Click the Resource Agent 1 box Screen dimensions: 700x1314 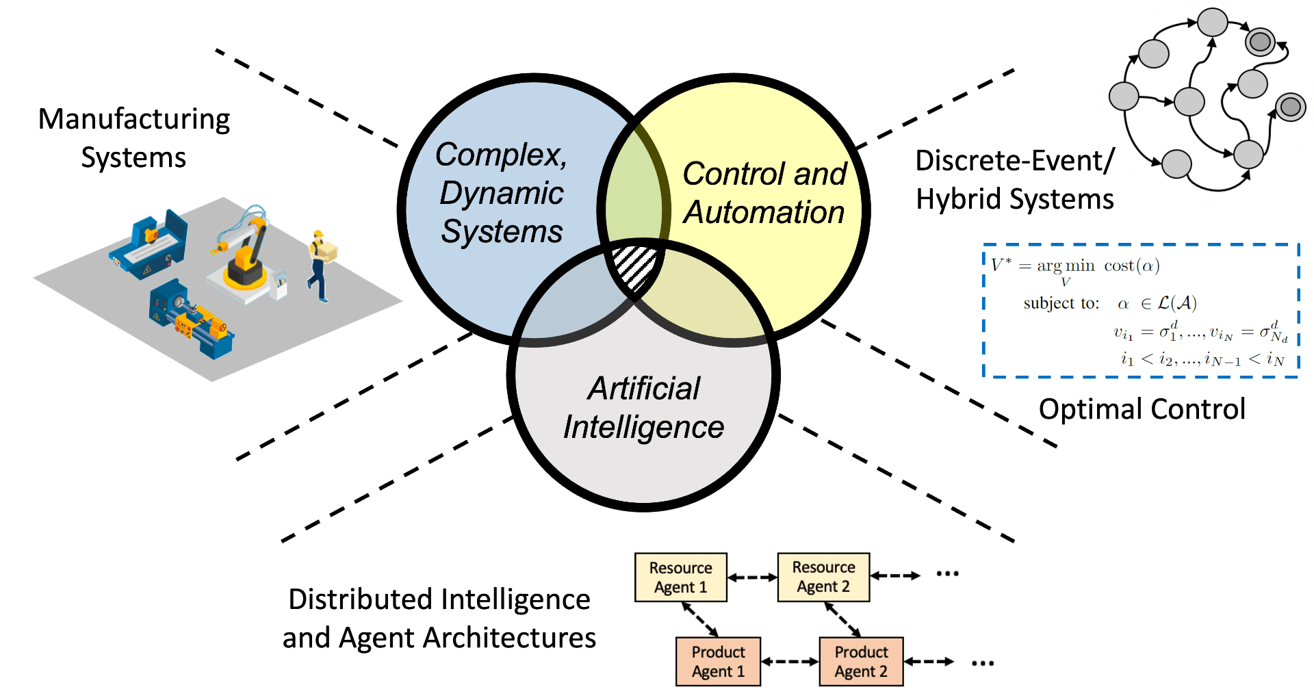tap(680, 578)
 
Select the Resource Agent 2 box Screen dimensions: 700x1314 tap(823, 578)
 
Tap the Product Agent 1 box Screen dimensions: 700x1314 tap(718, 662)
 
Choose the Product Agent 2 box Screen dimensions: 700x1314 tap(861, 662)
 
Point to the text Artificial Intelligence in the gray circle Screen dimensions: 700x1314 tap(643, 408)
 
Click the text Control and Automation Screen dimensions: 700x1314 tap(764, 193)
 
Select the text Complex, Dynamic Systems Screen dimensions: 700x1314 tap(502, 193)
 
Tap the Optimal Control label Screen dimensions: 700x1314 tap(1142, 409)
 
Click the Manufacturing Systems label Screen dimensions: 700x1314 tap(134, 138)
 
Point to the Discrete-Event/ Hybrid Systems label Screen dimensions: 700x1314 tap(1015, 180)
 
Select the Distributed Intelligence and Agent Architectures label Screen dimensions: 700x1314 tap(439, 619)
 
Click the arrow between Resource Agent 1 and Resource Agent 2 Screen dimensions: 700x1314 tap(752, 578)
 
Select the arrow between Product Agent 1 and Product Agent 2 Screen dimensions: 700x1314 tap(790, 662)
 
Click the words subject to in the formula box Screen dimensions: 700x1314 tap(1061, 303)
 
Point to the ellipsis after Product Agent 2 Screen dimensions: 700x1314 tap(983, 662)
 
